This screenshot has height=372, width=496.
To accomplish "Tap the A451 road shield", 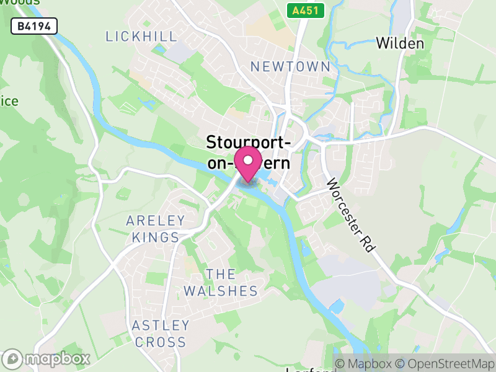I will tap(301, 10).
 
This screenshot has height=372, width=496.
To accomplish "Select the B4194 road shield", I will tap(35, 26).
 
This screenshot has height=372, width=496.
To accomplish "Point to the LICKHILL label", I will tap(141, 37).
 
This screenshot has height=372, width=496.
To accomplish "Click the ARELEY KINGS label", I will tap(155, 229).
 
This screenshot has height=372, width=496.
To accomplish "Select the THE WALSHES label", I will tap(220, 283).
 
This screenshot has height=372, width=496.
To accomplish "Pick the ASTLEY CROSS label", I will tap(160, 334).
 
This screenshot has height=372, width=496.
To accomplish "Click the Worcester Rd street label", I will tap(351, 214).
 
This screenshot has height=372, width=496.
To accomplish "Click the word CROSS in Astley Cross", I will tap(160, 342).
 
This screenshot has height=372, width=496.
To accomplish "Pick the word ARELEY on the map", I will tap(155, 221).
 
